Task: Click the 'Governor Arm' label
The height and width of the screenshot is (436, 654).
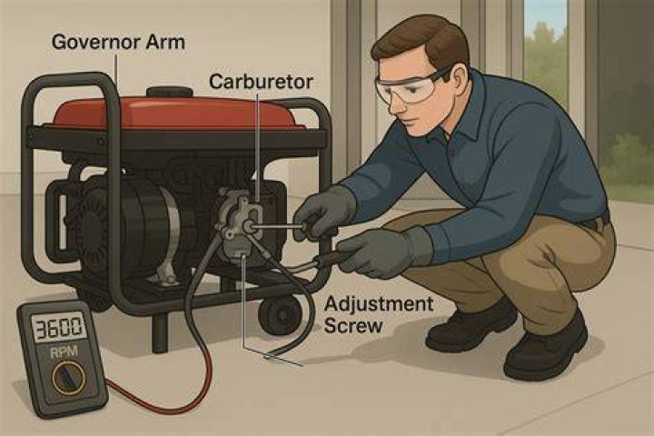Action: point(118,43)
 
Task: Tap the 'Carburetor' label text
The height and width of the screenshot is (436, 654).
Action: point(261,82)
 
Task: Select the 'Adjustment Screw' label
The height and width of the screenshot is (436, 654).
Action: point(379,314)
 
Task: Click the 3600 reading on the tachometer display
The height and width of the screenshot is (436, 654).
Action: point(59,328)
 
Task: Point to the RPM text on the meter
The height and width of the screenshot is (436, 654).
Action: point(64,352)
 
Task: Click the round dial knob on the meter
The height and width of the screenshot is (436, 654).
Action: point(68,379)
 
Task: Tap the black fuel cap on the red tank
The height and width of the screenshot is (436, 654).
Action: point(169,92)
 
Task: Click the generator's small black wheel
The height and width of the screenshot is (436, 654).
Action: point(280,315)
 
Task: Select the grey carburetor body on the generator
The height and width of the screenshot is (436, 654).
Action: point(240,225)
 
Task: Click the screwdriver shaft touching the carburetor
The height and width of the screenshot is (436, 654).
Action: point(276,226)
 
